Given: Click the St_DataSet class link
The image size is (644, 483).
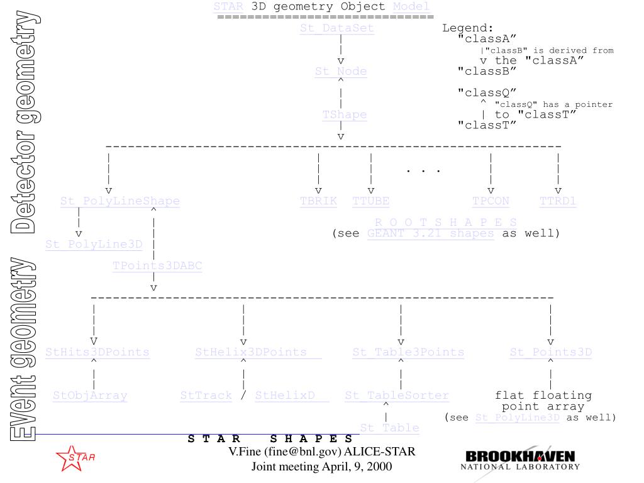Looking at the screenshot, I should click(x=337, y=28).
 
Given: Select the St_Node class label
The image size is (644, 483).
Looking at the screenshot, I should click(x=341, y=71).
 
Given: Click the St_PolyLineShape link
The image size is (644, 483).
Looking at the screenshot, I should click(x=120, y=201).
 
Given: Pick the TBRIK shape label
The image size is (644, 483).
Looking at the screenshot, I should click(x=318, y=201).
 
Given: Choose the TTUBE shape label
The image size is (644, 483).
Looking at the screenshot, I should click(x=370, y=201).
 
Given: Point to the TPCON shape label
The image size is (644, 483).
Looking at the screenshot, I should click(x=491, y=201).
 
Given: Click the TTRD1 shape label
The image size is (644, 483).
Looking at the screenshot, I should click(x=558, y=201).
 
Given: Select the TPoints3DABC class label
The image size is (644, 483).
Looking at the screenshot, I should click(x=157, y=265).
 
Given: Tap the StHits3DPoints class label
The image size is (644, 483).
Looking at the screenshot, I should click(x=97, y=352).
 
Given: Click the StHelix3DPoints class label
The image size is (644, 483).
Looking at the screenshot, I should click(x=251, y=352).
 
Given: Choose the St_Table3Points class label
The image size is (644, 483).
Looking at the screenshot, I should click(x=408, y=352).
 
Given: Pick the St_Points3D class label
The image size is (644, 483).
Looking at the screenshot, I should click(x=551, y=352).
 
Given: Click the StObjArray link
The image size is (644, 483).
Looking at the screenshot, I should click(x=90, y=396).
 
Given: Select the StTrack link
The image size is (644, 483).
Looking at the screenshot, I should click(x=206, y=396).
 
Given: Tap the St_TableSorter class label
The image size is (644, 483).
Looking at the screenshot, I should click(x=397, y=396).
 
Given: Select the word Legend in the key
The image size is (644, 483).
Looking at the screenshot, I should click(x=468, y=28).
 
